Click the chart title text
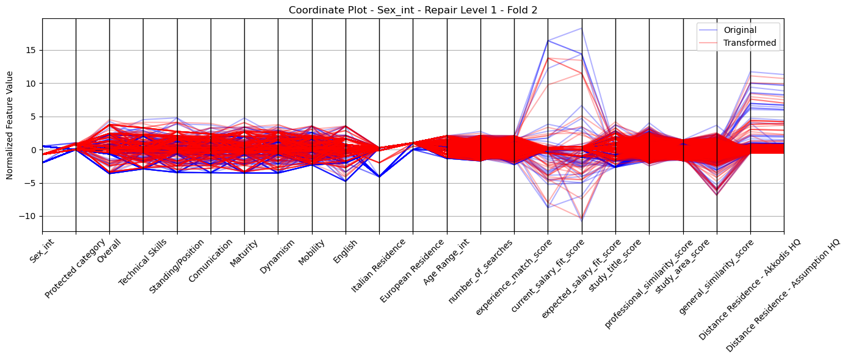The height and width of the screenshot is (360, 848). point(413,10)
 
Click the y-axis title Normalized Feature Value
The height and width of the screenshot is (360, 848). point(10,125)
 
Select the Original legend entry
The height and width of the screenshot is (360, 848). point(740,30)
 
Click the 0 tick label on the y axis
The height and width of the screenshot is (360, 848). point(34,150)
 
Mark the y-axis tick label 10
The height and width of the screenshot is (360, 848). point(32,84)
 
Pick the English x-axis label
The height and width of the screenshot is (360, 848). point(345,251)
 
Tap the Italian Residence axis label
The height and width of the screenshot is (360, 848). point(378,265)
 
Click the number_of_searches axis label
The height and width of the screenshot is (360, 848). point(480,272)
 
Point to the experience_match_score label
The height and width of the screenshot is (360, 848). point(513,277)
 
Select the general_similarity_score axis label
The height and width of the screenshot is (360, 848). point(716,277)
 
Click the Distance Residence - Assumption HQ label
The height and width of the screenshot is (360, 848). point(783,295)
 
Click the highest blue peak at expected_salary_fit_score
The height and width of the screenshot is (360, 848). point(582,28)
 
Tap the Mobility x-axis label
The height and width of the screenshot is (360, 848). point(311,253)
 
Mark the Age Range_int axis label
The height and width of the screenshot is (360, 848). point(446,262)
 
